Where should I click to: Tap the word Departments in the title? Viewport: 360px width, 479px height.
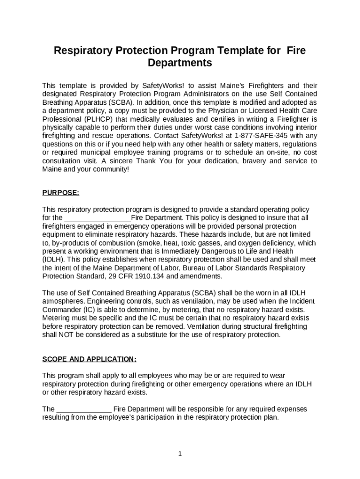pos(180,63)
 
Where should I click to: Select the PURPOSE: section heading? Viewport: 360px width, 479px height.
pos(61,193)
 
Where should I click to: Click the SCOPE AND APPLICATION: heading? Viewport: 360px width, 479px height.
pos(89,359)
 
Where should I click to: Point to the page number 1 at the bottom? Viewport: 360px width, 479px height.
pos(180,453)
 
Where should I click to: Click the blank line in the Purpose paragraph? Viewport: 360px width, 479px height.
pos(97,218)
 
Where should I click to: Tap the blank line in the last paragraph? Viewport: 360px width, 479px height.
pos(84,409)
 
